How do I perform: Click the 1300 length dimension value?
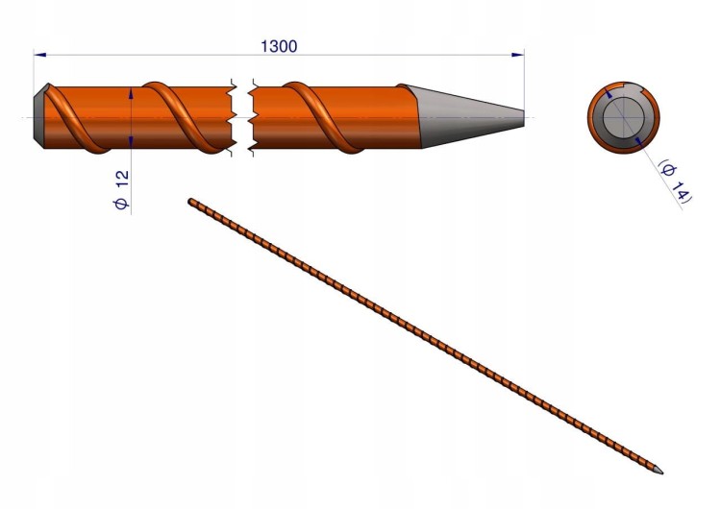tap(279, 46)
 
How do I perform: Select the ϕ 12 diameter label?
tap(121, 190)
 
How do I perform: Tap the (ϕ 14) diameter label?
tap(675, 181)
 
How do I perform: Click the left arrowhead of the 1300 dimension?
tap(40, 55)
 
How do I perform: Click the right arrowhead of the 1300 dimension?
tap(518, 55)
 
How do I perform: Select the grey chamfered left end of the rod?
tap(39, 115)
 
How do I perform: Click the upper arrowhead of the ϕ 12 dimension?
tap(131, 93)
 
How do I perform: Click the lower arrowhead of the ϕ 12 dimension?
tap(131, 141)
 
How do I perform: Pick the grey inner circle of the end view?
tap(624, 117)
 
